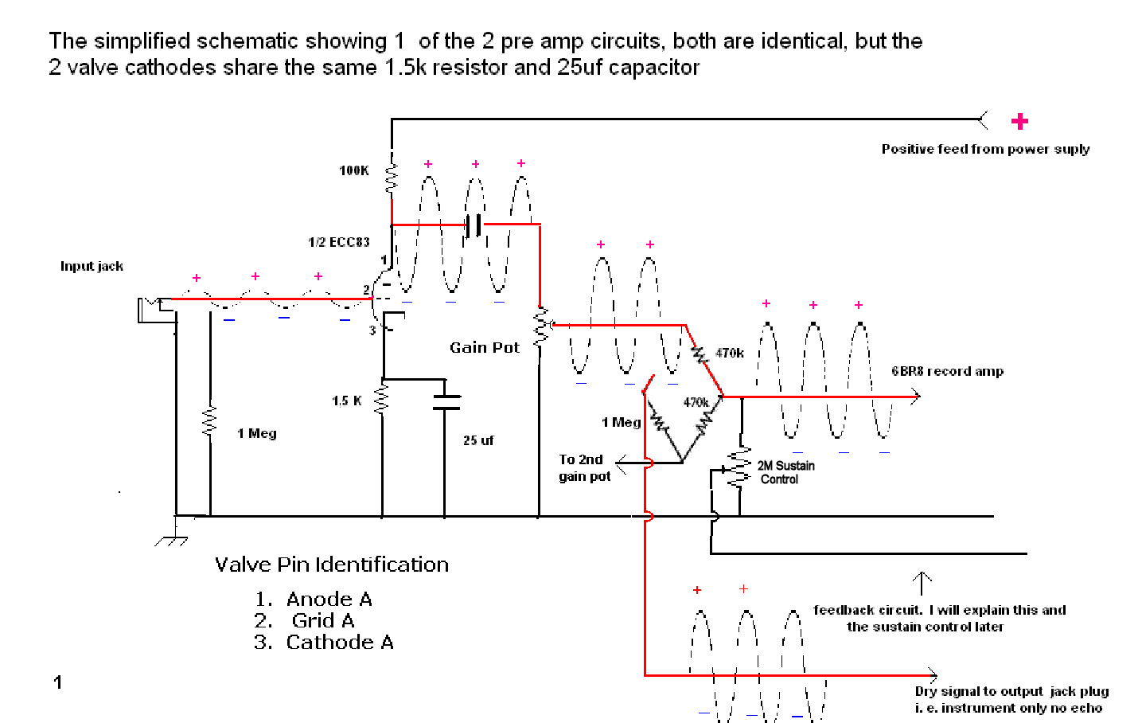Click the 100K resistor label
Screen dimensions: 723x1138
[x=353, y=170]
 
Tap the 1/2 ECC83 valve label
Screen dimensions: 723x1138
[x=339, y=242]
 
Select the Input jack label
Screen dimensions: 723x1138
[x=92, y=266]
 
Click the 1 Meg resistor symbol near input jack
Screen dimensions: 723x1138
[x=209, y=421]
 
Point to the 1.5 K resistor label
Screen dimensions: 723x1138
[x=347, y=401]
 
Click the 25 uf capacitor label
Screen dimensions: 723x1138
[x=478, y=440]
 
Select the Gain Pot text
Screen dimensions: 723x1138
[x=484, y=347]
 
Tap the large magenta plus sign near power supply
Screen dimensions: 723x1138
[x=1019, y=121]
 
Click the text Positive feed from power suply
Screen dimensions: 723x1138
[x=985, y=149]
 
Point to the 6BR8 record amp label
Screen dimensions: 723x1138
[x=947, y=371]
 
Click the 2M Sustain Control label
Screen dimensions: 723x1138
[x=785, y=472]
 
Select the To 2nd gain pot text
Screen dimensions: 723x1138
[x=583, y=468]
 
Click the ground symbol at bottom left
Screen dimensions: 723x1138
[x=172, y=534]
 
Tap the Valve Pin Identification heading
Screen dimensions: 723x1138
[x=331, y=565]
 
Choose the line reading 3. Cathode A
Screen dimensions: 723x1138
[x=323, y=642]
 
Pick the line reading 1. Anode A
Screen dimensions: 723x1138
[x=314, y=599]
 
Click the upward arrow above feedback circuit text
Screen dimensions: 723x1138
[x=922, y=583]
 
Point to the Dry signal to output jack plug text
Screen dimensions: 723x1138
[x=1011, y=699]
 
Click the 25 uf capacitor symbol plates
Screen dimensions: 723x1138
[x=446, y=401]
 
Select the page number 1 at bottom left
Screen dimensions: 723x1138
[x=57, y=682]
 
